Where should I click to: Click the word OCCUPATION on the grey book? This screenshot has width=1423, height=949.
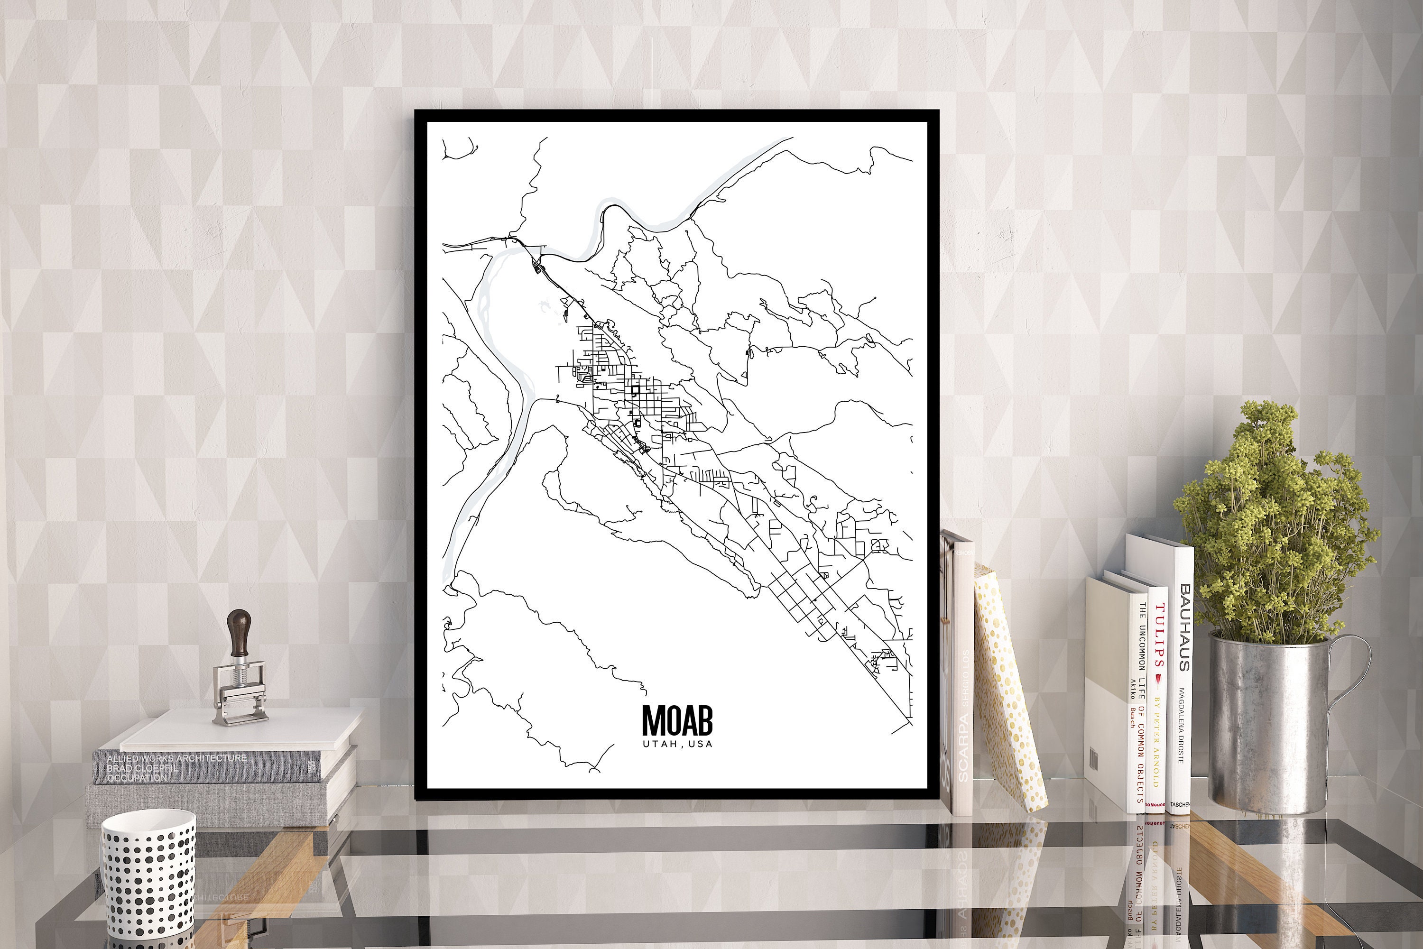pos(137,778)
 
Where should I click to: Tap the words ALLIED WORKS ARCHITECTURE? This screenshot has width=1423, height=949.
pos(176,758)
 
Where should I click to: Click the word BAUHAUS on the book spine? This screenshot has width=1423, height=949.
pos(1184,627)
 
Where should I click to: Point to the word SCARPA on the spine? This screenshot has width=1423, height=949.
pos(963,747)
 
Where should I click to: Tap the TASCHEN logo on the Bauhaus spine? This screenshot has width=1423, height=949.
pos(1180,804)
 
